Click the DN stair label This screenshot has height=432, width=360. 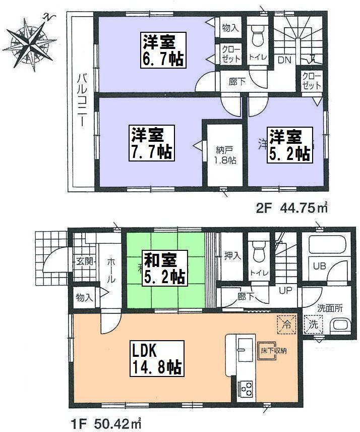click(285, 60)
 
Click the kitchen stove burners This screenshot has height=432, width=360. click(247, 388)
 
